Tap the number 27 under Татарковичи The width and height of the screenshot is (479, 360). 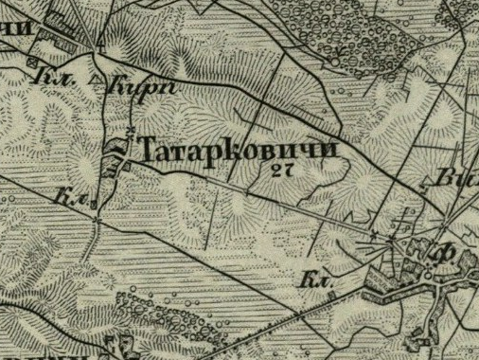[x=278, y=171]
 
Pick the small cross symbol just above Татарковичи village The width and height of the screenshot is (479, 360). [x=129, y=127]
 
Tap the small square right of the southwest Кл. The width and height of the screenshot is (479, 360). [x=94, y=201]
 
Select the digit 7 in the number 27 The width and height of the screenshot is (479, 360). [x=283, y=171]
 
